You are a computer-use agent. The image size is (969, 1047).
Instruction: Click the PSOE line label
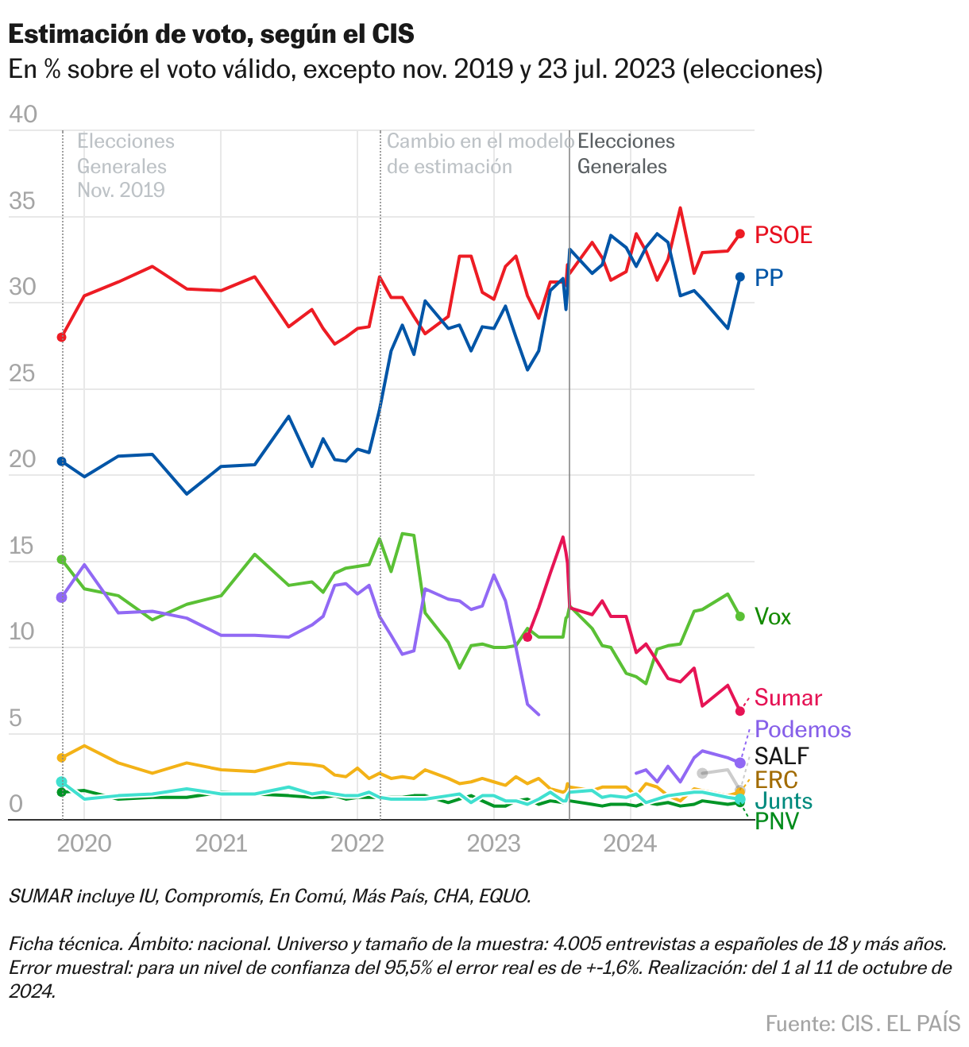(x=783, y=235)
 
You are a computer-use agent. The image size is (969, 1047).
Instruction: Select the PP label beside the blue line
(x=768, y=277)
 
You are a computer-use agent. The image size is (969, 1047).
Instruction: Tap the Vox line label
(x=772, y=617)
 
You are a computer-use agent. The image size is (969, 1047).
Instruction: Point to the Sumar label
(x=787, y=698)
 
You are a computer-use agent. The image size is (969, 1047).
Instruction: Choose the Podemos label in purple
(x=802, y=729)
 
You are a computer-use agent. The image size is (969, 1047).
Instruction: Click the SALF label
(x=781, y=755)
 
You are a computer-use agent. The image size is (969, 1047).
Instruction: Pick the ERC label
(x=776, y=779)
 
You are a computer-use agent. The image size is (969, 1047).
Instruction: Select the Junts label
(x=782, y=801)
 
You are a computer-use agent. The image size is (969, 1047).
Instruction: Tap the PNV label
(x=776, y=821)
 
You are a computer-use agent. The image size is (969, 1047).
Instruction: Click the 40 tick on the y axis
(x=23, y=114)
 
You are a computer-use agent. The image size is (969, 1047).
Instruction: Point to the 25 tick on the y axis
(x=23, y=373)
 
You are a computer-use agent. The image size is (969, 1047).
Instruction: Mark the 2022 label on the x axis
(x=357, y=844)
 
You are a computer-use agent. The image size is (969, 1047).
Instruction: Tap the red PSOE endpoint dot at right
(x=740, y=234)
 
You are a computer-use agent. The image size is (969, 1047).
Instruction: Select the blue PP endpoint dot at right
(x=740, y=276)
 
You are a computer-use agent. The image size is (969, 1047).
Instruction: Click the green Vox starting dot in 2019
(x=62, y=559)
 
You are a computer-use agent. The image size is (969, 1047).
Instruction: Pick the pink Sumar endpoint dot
(x=740, y=711)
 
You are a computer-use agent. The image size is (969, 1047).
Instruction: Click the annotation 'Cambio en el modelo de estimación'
(x=480, y=154)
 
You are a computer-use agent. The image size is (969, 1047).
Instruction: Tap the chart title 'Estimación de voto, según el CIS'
(x=211, y=34)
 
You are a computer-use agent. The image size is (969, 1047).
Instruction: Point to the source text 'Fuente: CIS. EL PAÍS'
(x=863, y=1023)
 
